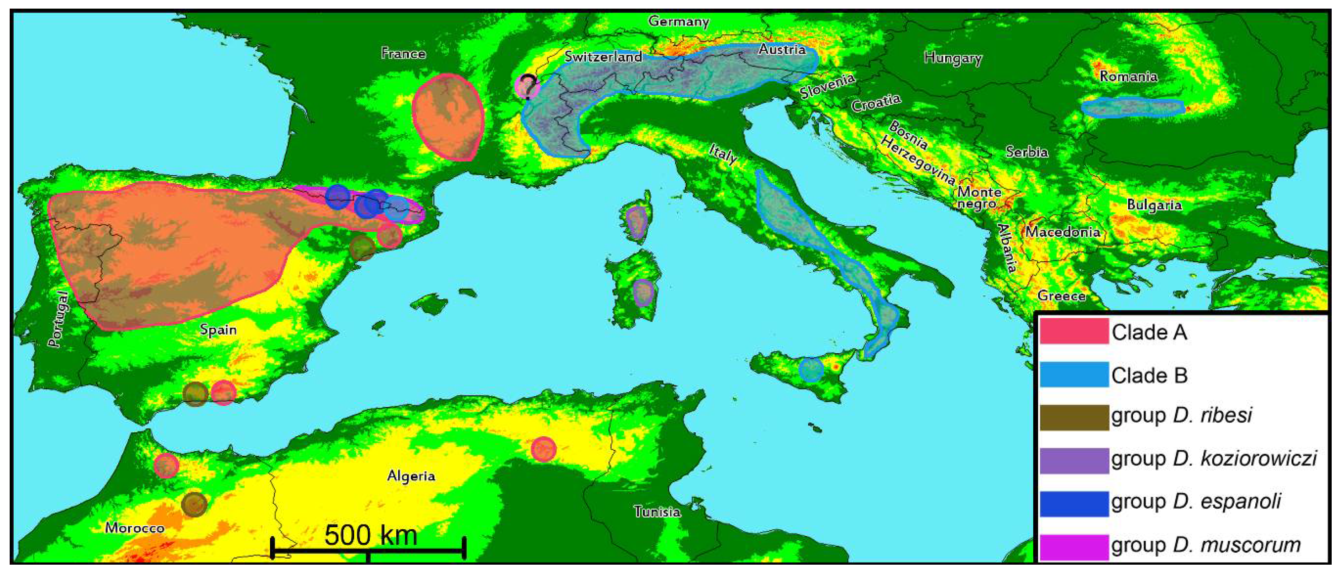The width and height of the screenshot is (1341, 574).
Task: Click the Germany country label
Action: click(678, 22)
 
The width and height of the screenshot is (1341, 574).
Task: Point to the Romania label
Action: click(1128, 76)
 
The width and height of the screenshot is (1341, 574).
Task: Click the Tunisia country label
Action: click(657, 512)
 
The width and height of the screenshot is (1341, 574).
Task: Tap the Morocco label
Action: click(135, 528)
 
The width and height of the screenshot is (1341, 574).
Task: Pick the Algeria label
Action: click(411, 476)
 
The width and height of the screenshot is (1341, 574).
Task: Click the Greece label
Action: click(1061, 295)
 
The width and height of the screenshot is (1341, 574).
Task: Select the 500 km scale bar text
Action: click(371, 535)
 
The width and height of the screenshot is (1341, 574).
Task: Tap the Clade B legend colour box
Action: click(1074, 375)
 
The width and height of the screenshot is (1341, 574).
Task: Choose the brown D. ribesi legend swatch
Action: click(1074, 417)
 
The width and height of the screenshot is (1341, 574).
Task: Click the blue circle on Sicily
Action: click(811, 370)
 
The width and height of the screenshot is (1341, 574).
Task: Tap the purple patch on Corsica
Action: click(636, 222)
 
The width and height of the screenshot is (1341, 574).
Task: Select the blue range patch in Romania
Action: click(1132, 108)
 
